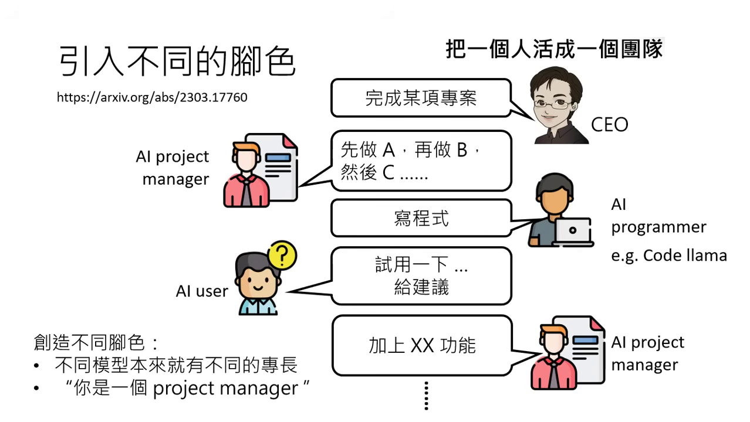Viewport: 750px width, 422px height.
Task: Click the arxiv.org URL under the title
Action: pyautogui.click(x=152, y=97)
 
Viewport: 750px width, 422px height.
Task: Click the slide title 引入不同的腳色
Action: pyautogui.click(x=177, y=62)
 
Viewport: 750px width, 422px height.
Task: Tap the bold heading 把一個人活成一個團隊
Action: pyautogui.click(x=553, y=49)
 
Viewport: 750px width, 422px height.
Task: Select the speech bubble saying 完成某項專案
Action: pyautogui.click(x=421, y=98)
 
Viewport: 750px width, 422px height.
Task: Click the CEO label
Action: pyautogui.click(x=609, y=125)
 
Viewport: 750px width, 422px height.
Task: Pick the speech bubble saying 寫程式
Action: pyautogui.click(x=421, y=218)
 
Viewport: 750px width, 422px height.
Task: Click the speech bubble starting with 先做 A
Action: pyautogui.click(x=421, y=161)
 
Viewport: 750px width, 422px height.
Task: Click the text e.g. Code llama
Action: pyautogui.click(x=668, y=256)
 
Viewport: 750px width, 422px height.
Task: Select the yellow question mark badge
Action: pyautogui.click(x=282, y=255)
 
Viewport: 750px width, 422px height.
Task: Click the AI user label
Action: pyautogui.click(x=201, y=291)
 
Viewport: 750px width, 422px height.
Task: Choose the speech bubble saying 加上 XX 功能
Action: pyautogui.click(x=422, y=345)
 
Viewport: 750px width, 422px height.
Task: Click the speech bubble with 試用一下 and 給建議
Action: pyautogui.click(x=421, y=276)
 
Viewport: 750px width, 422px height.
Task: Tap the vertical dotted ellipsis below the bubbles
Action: pyautogui.click(x=427, y=396)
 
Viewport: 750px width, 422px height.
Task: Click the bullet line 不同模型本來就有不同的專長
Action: pyautogui.click(x=176, y=365)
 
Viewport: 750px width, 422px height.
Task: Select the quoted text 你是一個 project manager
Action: pyautogui.click(x=188, y=389)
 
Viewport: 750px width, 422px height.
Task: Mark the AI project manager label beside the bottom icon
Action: pyautogui.click(x=647, y=353)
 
